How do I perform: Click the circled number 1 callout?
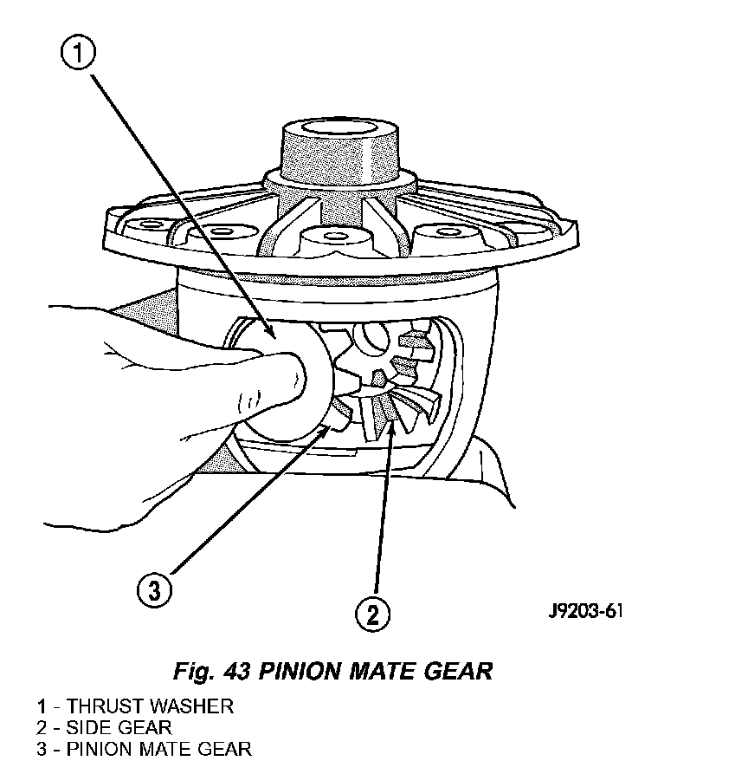[79, 52]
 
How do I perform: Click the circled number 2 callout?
[372, 614]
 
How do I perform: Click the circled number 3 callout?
[154, 590]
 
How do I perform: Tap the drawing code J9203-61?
[585, 610]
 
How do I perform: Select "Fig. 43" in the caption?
[211, 672]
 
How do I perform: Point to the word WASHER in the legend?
[189, 706]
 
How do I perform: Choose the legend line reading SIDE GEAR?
[104, 727]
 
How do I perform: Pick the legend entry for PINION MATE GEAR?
[144, 749]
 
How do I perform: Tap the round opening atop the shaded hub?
[339, 128]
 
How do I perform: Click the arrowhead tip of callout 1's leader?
[274, 339]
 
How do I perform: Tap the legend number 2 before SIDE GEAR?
[42, 727]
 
